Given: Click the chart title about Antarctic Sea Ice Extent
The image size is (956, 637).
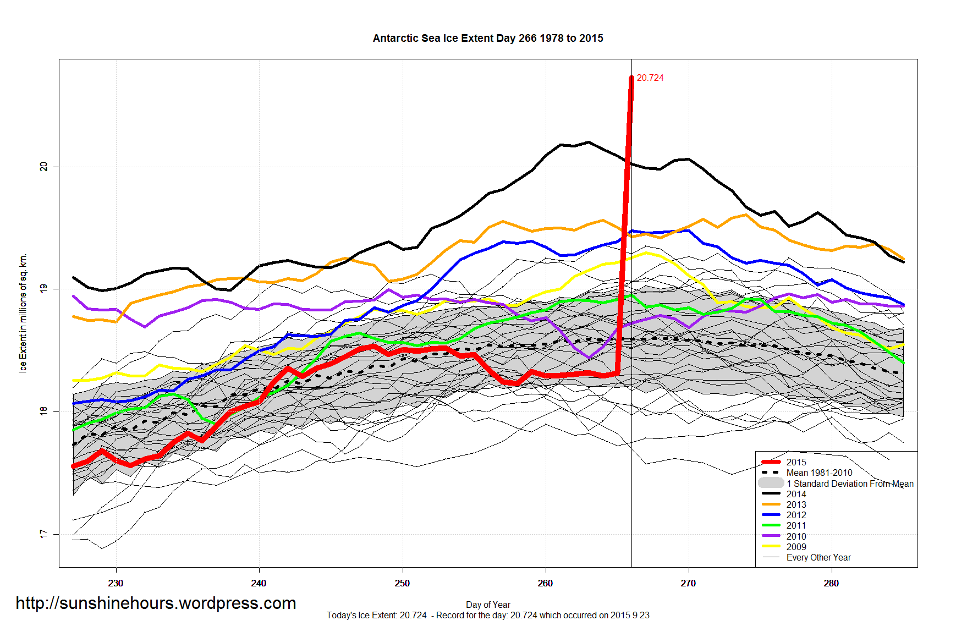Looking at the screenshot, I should tap(488, 39).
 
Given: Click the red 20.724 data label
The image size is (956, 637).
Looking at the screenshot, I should tap(650, 78).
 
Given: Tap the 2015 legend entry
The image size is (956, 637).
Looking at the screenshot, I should tap(796, 462).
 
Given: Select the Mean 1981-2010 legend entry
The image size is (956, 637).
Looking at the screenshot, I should tap(819, 473).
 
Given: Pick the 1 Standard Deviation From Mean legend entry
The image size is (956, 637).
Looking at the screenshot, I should tap(849, 484).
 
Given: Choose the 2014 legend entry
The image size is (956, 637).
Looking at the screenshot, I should tap(796, 494).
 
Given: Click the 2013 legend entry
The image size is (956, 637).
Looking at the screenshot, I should tap(796, 504).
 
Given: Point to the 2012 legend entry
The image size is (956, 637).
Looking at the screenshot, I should tap(796, 515).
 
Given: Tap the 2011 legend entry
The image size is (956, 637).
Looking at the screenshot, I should tap(796, 525).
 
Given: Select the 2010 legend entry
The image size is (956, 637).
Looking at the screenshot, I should tap(796, 536).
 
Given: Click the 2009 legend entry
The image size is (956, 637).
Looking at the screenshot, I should tap(796, 547).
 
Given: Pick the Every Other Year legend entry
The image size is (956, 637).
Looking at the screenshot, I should tap(818, 557).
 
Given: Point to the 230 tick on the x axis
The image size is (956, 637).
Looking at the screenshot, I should tap(116, 583).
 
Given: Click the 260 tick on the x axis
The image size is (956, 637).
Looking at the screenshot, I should tap(545, 583).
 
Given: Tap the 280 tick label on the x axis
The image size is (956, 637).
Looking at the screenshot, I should tap(831, 583).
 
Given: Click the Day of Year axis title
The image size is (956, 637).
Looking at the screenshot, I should tap(488, 605).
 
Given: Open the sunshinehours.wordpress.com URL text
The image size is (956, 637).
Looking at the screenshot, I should tap(156, 603).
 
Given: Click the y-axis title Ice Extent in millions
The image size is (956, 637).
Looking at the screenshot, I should tap(23, 313).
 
